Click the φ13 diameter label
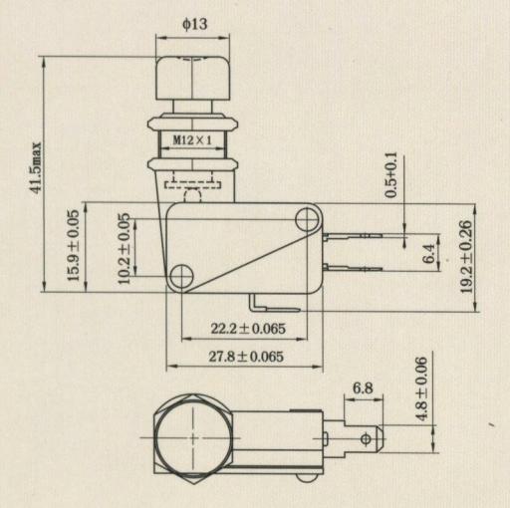click(195, 24)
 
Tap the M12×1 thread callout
click(192, 140)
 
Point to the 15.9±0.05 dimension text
click(74, 245)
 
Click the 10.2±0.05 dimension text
click(125, 248)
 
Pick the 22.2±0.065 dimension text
click(248, 329)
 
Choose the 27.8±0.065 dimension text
click(246, 357)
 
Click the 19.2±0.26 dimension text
click(466, 256)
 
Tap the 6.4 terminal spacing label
click(429, 253)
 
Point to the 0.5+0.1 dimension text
click(391, 175)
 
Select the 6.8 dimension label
click(363, 387)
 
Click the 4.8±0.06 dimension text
click(421, 389)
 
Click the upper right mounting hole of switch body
click(308, 219)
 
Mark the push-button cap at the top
click(192, 78)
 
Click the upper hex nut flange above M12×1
click(193, 124)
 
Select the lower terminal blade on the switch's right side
click(353, 267)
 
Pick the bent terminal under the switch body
click(274, 305)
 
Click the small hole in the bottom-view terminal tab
click(366, 439)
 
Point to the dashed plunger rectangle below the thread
click(192, 184)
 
